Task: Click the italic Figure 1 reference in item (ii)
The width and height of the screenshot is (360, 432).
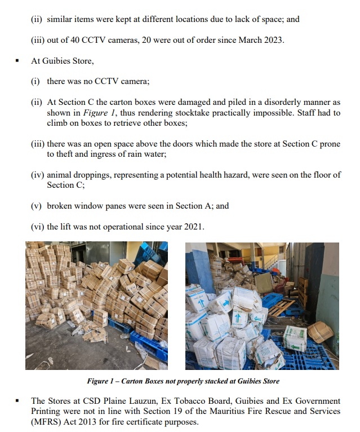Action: [x=90, y=112]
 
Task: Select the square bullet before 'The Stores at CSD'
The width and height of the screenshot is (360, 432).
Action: [x=18, y=401]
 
